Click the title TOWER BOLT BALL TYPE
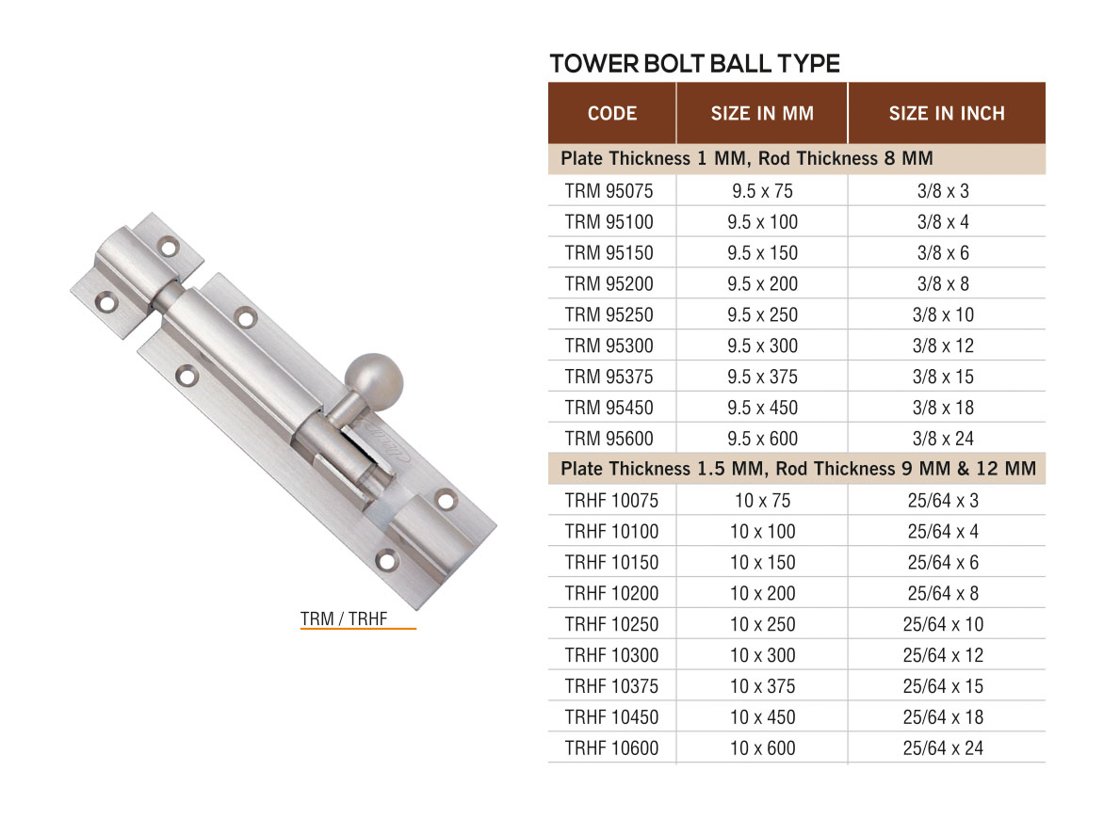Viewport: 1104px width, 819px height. (694, 64)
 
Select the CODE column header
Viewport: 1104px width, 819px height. (612, 114)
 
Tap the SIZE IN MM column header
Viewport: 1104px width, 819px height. (762, 114)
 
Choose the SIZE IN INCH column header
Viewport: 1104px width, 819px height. (947, 114)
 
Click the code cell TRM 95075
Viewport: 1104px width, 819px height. (609, 191)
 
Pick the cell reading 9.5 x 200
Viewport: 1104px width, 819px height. (762, 284)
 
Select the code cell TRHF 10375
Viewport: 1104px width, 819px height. (612, 686)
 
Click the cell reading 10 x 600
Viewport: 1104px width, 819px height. (762, 748)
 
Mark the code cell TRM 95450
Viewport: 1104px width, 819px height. (609, 408)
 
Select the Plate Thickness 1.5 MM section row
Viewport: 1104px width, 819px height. (797, 469)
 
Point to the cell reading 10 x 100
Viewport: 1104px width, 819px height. (762, 532)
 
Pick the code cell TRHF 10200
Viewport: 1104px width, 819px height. (612, 593)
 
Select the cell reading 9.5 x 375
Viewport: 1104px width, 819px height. (762, 377)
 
